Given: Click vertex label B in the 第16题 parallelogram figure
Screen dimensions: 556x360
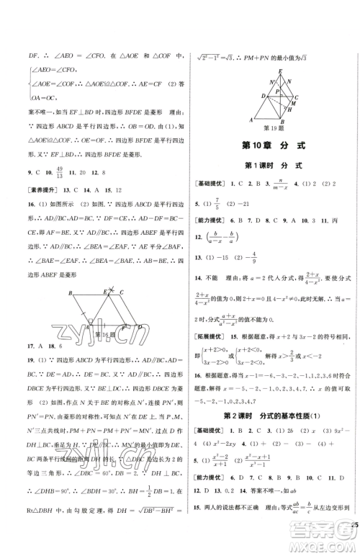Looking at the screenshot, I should (x=69, y=293).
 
